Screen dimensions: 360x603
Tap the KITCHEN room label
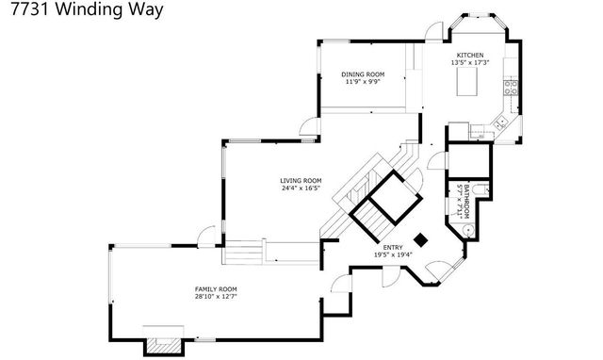(x=470, y=56)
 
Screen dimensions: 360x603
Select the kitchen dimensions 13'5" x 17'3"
(x=470, y=64)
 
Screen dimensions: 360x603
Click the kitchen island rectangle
(x=469, y=84)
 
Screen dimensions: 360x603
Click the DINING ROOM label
(x=363, y=74)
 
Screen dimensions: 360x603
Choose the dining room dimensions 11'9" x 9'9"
(x=363, y=82)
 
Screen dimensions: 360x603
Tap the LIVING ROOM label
(x=301, y=180)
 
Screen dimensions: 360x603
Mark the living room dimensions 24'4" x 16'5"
(x=301, y=188)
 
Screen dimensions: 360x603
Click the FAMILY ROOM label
(x=215, y=288)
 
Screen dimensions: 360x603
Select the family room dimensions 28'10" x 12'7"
(x=215, y=297)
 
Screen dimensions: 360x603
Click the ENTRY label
(x=393, y=247)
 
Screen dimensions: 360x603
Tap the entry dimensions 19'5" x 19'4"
(x=393, y=255)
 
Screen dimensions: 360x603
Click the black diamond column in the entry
(x=421, y=239)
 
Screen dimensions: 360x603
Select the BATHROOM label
(x=461, y=199)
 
